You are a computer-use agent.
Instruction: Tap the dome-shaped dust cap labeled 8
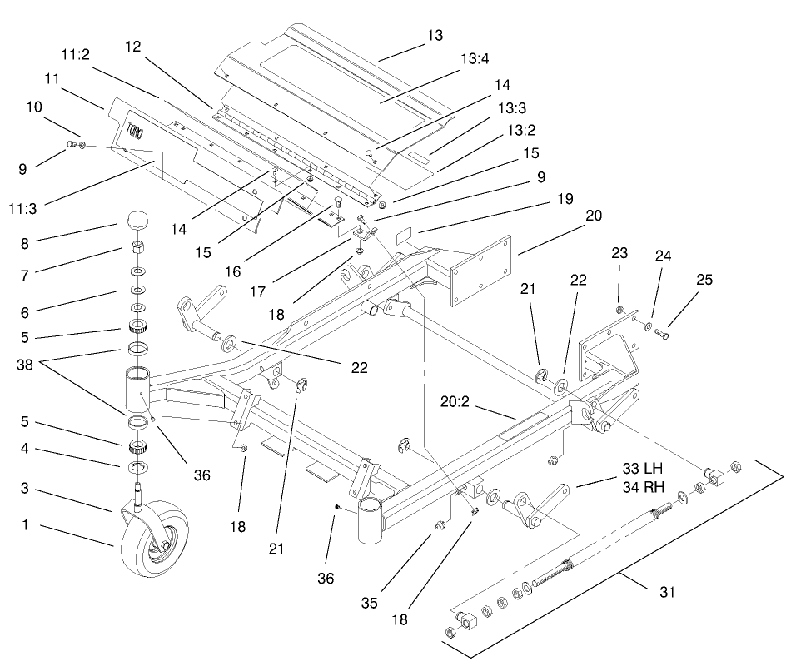(137, 223)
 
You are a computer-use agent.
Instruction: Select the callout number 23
(620, 251)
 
